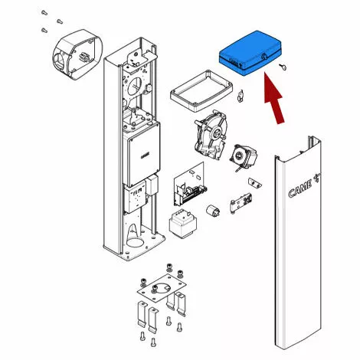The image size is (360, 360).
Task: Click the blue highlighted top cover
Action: coord(250,53)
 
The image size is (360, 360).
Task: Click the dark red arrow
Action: coord(274,99)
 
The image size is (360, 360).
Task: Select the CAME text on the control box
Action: coord(146,155)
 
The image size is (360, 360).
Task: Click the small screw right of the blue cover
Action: coord(283,66)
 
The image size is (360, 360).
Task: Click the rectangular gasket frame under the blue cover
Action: coord(201,91)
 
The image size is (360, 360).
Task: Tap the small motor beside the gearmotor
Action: coord(244,157)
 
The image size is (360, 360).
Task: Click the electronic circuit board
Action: coord(189,184)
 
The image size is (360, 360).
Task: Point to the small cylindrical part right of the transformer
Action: coord(213,211)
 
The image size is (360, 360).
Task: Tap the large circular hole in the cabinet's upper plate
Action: coord(135,86)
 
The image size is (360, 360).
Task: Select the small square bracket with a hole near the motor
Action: coord(255,182)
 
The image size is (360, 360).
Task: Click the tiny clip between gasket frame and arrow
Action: coord(241,97)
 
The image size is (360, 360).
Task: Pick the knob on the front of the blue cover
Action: coord(265,57)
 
